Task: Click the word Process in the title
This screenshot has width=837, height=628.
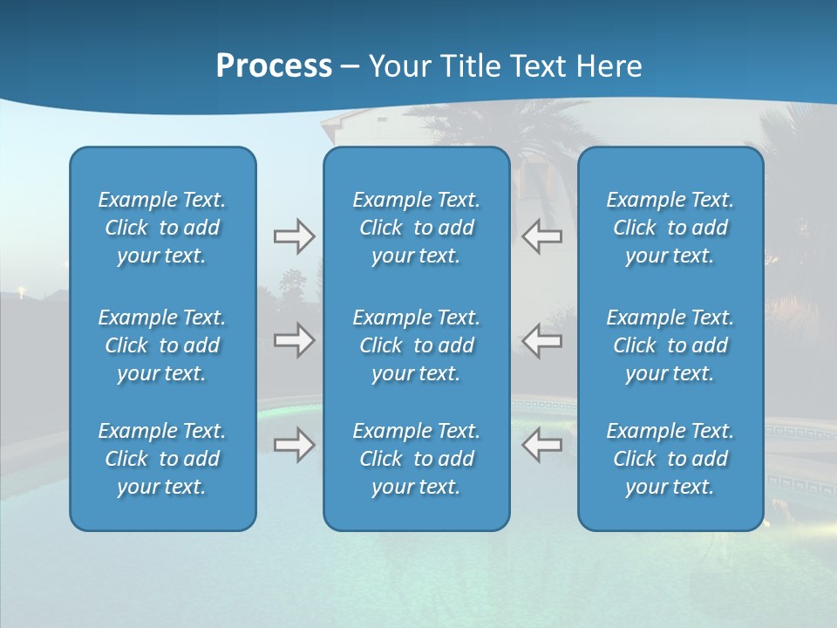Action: click(274, 66)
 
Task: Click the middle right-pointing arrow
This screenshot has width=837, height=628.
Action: click(294, 340)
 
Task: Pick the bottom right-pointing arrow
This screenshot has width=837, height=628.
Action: click(294, 445)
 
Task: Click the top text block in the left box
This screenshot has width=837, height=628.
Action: click(162, 228)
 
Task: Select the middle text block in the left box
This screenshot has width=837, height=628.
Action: click(162, 345)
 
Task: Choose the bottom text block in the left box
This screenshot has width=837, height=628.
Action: click(162, 459)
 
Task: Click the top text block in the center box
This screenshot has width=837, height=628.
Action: click(416, 228)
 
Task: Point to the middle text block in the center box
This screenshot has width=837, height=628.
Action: click(416, 345)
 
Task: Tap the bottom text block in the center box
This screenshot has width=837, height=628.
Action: click(416, 459)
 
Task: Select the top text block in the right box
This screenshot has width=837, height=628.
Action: click(670, 228)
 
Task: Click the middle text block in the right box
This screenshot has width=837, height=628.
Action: click(670, 345)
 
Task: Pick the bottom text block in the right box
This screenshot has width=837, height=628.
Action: click(670, 459)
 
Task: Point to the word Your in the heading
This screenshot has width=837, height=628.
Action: click(398, 66)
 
